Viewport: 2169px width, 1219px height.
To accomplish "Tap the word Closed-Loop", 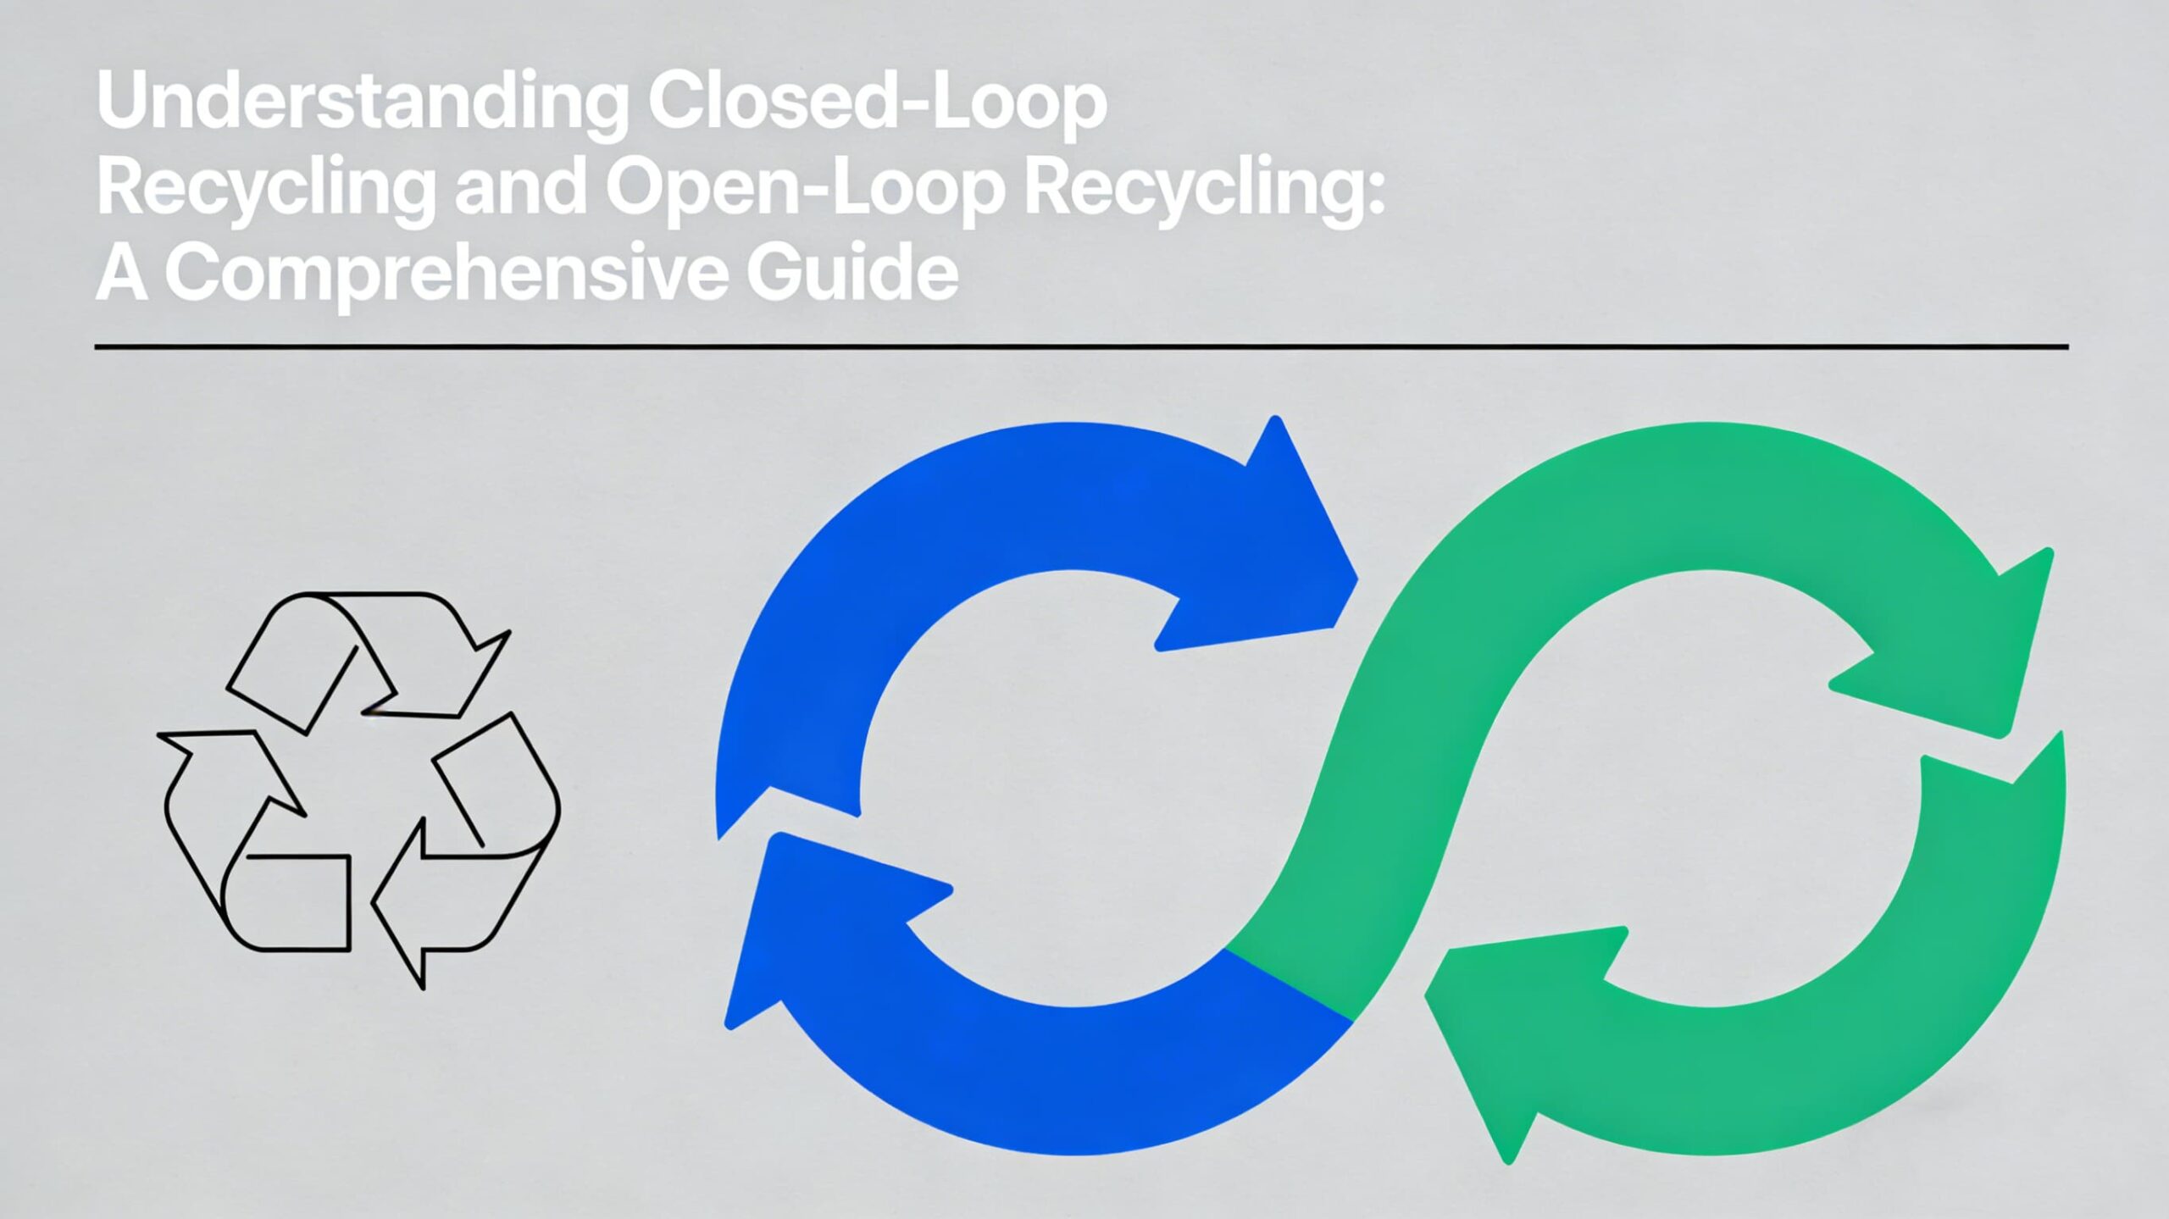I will (x=877, y=102).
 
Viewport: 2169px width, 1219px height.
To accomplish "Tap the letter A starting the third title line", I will (x=121, y=273).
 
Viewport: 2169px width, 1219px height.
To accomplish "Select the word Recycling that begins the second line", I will (x=263, y=188).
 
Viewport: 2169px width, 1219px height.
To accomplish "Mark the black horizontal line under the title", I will (x=1081, y=346).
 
